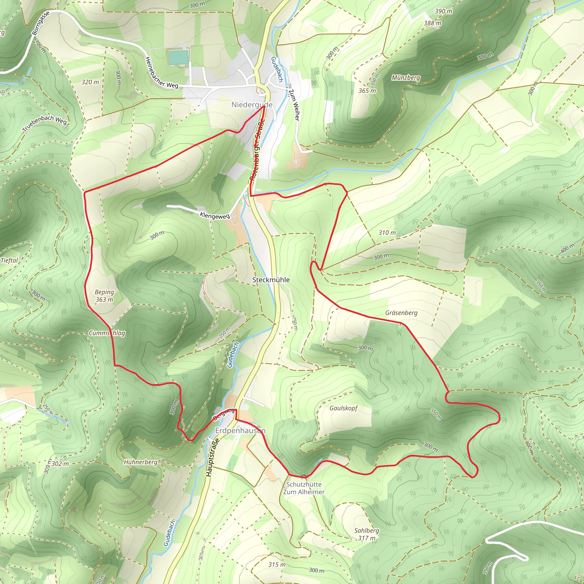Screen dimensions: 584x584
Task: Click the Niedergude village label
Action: pos(252,105)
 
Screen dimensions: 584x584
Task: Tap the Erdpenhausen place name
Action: pos(240,430)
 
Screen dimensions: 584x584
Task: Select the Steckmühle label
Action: pos(271,280)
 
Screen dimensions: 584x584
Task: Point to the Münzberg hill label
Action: pos(406,78)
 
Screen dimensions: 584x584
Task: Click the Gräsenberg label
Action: pos(401,313)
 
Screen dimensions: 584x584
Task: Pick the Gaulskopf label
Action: pos(343,408)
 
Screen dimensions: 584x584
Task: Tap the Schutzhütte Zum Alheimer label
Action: pos(304,488)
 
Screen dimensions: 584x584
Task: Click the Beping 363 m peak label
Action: pos(104,296)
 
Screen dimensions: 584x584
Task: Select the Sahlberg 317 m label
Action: pos(366,534)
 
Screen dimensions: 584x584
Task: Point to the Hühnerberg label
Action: pos(141,462)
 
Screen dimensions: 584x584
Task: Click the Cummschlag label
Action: pos(107,333)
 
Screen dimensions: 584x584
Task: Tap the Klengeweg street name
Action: pos(215,216)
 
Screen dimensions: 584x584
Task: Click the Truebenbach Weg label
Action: pos(44,123)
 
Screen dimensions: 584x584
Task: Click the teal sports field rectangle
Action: pos(178,57)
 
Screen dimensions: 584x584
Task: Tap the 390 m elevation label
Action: pos(443,11)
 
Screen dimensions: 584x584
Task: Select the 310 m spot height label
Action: pos(387,233)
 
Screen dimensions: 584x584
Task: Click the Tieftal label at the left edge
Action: pos(9,260)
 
